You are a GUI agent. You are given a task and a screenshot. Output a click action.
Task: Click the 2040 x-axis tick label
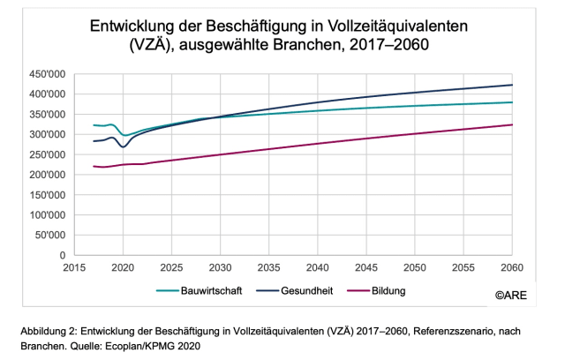tap(318, 266)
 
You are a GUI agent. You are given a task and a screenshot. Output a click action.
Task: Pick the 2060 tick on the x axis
tap(512, 266)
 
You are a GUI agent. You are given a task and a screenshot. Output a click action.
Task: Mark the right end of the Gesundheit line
tap(512, 85)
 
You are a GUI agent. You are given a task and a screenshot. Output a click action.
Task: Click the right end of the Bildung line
tap(512, 124)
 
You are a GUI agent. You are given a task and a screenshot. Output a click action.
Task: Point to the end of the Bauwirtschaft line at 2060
tap(512, 102)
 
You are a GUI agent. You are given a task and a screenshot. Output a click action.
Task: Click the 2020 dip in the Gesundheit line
tap(124, 146)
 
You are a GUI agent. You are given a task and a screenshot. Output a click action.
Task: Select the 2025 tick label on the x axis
tap(171, 266)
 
